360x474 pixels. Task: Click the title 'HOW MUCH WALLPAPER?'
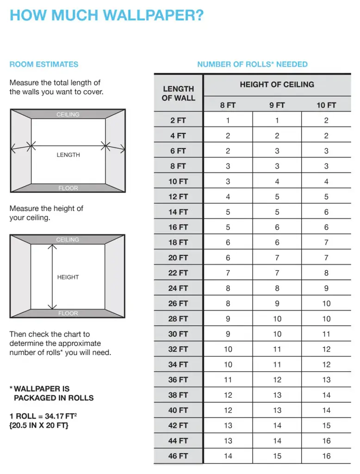[106, 16]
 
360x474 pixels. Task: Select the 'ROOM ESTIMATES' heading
[44, 64]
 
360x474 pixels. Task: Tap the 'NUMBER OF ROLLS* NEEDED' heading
[252, 64]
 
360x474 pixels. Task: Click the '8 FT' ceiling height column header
[228, 105]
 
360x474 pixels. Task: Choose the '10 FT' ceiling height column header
[326, 105]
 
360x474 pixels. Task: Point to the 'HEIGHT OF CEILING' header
[277, 84]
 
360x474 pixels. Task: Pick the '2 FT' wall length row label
[178, 120]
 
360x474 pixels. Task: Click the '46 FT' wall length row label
[178, 456]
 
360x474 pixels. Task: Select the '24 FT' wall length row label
[178, 288]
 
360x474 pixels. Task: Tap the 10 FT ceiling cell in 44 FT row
[326, 441]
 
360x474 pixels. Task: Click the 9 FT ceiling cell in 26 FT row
[277, 303]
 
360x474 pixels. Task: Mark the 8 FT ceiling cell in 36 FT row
[228, 380]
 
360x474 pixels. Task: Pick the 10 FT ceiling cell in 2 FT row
[326, 120]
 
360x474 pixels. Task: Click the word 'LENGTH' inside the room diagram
[68, 155]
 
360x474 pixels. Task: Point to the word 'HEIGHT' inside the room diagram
[68, 277]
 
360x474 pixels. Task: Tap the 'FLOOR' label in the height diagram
[68, 313]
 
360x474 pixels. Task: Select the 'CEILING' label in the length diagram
[68, 114]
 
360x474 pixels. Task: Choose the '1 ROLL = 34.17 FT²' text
[43, 416]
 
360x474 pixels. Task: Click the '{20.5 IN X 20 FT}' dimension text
[39, 425]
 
